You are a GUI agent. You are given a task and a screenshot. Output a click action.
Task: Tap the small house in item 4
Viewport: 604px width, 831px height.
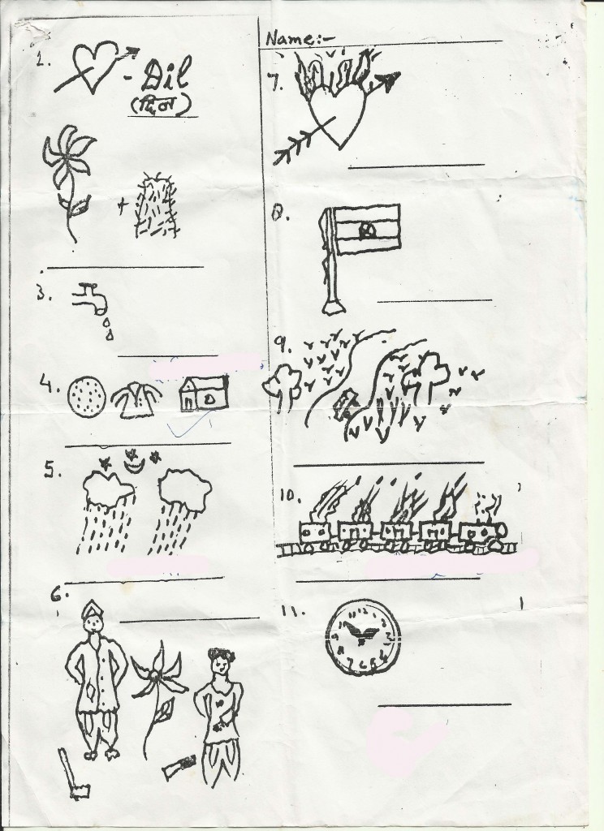202,394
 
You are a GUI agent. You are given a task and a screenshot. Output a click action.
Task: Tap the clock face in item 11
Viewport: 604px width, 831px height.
363,637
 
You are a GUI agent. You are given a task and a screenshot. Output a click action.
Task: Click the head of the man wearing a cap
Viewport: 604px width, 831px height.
95,624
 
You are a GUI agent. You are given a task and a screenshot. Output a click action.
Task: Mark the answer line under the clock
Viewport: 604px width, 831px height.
445,703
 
